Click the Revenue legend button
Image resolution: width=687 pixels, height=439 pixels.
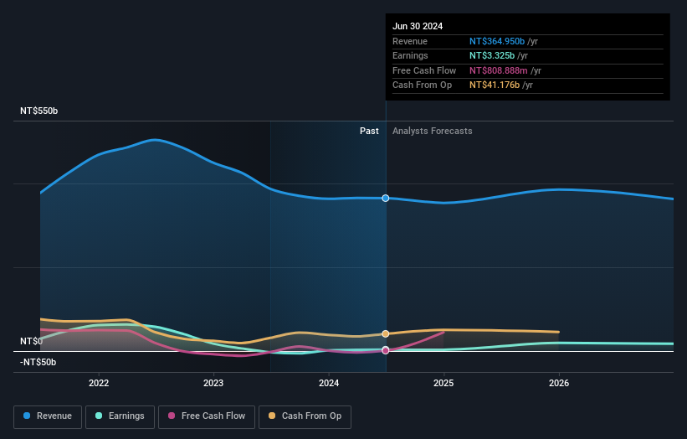coord(49,416)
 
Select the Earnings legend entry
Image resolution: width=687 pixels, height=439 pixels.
coord(120,416)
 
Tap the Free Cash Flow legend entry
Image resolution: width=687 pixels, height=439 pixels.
coord(206,416)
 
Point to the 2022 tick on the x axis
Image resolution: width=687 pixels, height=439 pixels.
coord(99,383)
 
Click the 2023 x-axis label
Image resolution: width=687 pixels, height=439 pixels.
coord(213,383)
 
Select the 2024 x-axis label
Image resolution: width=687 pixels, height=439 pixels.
coord(329,383)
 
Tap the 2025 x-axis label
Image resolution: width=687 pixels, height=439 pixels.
coord(443,383)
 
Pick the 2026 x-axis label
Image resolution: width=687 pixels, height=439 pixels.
coord(559,383)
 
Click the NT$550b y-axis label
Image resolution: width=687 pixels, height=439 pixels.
coord(39,111)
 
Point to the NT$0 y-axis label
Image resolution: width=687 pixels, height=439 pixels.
coord(31,342)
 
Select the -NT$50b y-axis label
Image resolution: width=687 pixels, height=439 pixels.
coord(38,362)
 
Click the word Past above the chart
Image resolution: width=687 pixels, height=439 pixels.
coord(369,132)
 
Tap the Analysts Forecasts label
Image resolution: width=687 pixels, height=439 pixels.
coord(432,132)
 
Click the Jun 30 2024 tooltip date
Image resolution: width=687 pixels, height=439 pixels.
coord(418,26)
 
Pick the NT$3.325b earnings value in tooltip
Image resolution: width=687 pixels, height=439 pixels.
coord(493,56)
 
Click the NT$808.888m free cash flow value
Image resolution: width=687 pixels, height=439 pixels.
coord(499,71)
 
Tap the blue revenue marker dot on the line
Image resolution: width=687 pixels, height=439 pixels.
coord(386,199)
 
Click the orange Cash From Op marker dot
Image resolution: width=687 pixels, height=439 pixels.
coord(386,333)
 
